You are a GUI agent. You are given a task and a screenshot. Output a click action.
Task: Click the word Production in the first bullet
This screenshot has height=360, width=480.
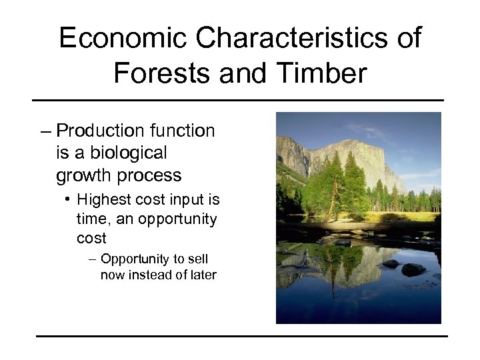[101, 131]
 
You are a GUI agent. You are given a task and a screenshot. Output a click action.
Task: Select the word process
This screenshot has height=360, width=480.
[151, 175]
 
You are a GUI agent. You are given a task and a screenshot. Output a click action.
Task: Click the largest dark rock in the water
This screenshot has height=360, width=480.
[413, 269]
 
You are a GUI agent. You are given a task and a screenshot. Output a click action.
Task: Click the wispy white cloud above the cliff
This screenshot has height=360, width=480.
[373, 130]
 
